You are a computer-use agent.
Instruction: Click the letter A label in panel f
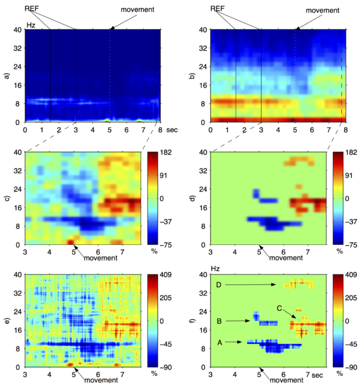coord(220,343)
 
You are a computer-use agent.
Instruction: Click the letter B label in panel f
coord(220,321)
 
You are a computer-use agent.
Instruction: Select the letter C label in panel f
coord(280,309)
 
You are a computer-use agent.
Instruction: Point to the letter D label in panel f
coord(220,285)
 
